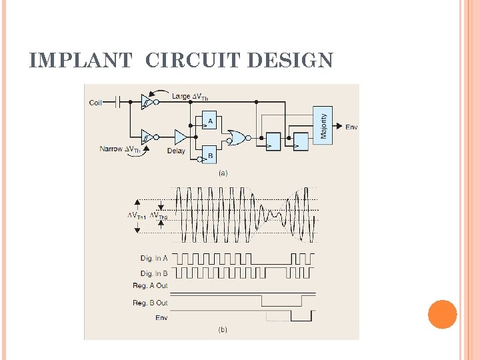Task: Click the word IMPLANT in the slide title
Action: pos(81,61)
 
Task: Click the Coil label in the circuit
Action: pos(97,103)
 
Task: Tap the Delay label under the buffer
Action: pos(176,151)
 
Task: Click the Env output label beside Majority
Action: pos(351,127)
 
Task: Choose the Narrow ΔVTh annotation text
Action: pos(121,149)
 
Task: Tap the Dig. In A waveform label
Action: pos(154,258)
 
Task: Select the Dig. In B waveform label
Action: pos(154,273)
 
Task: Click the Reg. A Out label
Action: pos(150,286)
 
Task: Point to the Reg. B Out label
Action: pos(150,303)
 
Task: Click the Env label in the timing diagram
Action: pos(161,317)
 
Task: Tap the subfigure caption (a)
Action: pos(223,173)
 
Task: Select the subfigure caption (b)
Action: pos(223,329)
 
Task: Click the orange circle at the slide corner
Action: pos(442,314)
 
